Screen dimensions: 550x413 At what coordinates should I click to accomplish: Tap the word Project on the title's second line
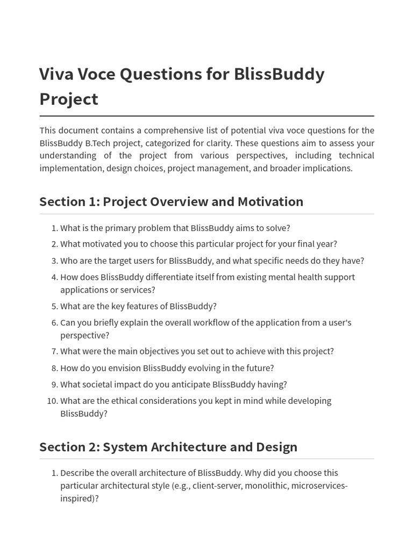click(x=68, y=99)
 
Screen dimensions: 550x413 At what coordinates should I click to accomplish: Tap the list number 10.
click(x=52, y=401)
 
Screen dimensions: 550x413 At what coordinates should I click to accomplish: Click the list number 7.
click(x=54, y=351)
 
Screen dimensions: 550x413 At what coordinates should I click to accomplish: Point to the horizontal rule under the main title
click(x=206, y=116)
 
